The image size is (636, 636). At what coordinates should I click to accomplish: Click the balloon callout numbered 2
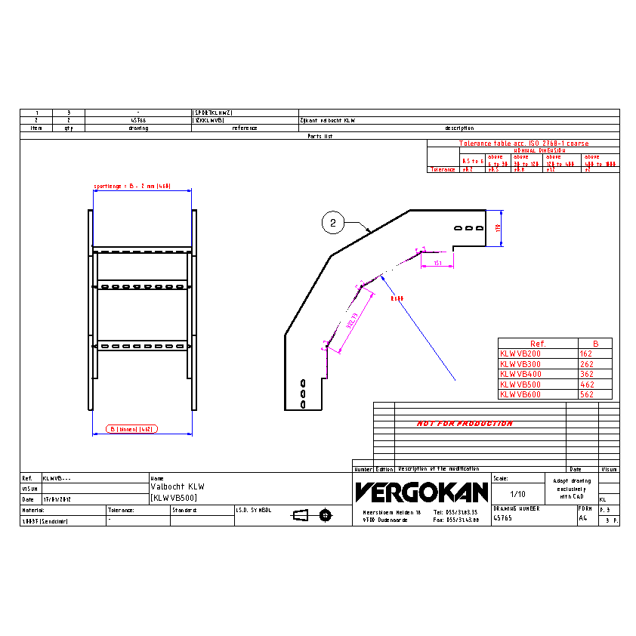click(x=333, y=223)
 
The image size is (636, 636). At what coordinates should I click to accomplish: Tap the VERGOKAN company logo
click(x=421, y=492)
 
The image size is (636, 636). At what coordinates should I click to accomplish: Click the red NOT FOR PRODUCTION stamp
click(x=465, y=424)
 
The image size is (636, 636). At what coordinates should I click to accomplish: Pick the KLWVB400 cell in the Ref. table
click(x=520, y=374)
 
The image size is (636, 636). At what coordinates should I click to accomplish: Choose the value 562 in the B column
click(x=587, y=394)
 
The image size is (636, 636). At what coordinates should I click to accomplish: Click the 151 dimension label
click(x=437, y=263)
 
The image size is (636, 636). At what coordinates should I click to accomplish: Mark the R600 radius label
click(x=397, y=298)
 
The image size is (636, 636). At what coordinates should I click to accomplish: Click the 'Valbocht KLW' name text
click(x=178, y=486)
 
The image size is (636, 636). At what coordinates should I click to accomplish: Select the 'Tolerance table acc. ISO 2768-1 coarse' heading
click(x=523, y=144)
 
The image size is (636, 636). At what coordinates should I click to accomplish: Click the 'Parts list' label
click(x=320, y=136)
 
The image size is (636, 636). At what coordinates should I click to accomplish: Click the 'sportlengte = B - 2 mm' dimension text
click(x=132, y=186)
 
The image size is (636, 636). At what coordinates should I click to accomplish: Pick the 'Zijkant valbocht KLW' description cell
click(x=327, y=120)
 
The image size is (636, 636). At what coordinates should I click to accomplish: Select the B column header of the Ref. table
click(x=595, y=344)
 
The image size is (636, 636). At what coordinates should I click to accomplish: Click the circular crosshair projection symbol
click(x=326, y=515)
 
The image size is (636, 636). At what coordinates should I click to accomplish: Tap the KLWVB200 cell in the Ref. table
click(x=520, y=354)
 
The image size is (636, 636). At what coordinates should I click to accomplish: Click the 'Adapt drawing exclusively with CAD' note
click(x=571, y=489)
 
